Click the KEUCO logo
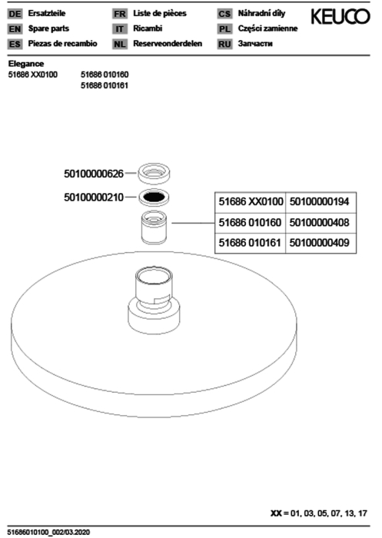click(x=340, y=16)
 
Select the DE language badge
click(x=15, y=14)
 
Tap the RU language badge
click(x=224, y=45)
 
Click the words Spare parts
click(x=48, y=28)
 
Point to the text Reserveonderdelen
click(x=168, y=44)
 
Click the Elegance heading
click(x=26, y=64)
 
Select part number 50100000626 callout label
click(x=94, y=174)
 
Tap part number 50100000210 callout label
click(x=94, y=198)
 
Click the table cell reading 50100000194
click(x=321, y=202)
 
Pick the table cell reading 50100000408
click(x=321, y=223)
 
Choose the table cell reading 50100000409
click(x=321, y=244)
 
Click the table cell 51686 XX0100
click(x=251, y=202)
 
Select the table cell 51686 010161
click(x=251, y=244)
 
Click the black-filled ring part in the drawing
click(x=154, y=198)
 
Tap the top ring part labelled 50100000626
click(x=154, y=173)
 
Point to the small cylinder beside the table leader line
click(x=154, y=227)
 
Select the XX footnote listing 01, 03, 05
click(x=319, y=513)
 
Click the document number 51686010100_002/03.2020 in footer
click(x=48, y=532)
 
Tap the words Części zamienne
click(x=267, y=29)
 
